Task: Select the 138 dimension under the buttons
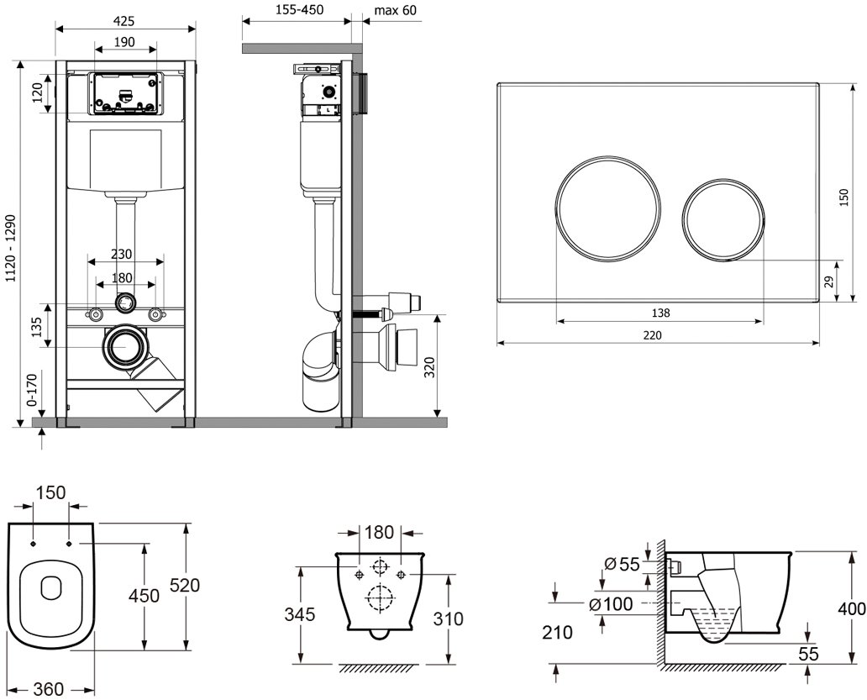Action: (660, 313)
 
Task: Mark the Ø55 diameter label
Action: (623, 564)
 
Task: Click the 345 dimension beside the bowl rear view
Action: (299, 614)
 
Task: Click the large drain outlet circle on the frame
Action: (125, 346)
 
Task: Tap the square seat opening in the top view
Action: (52, 587)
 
